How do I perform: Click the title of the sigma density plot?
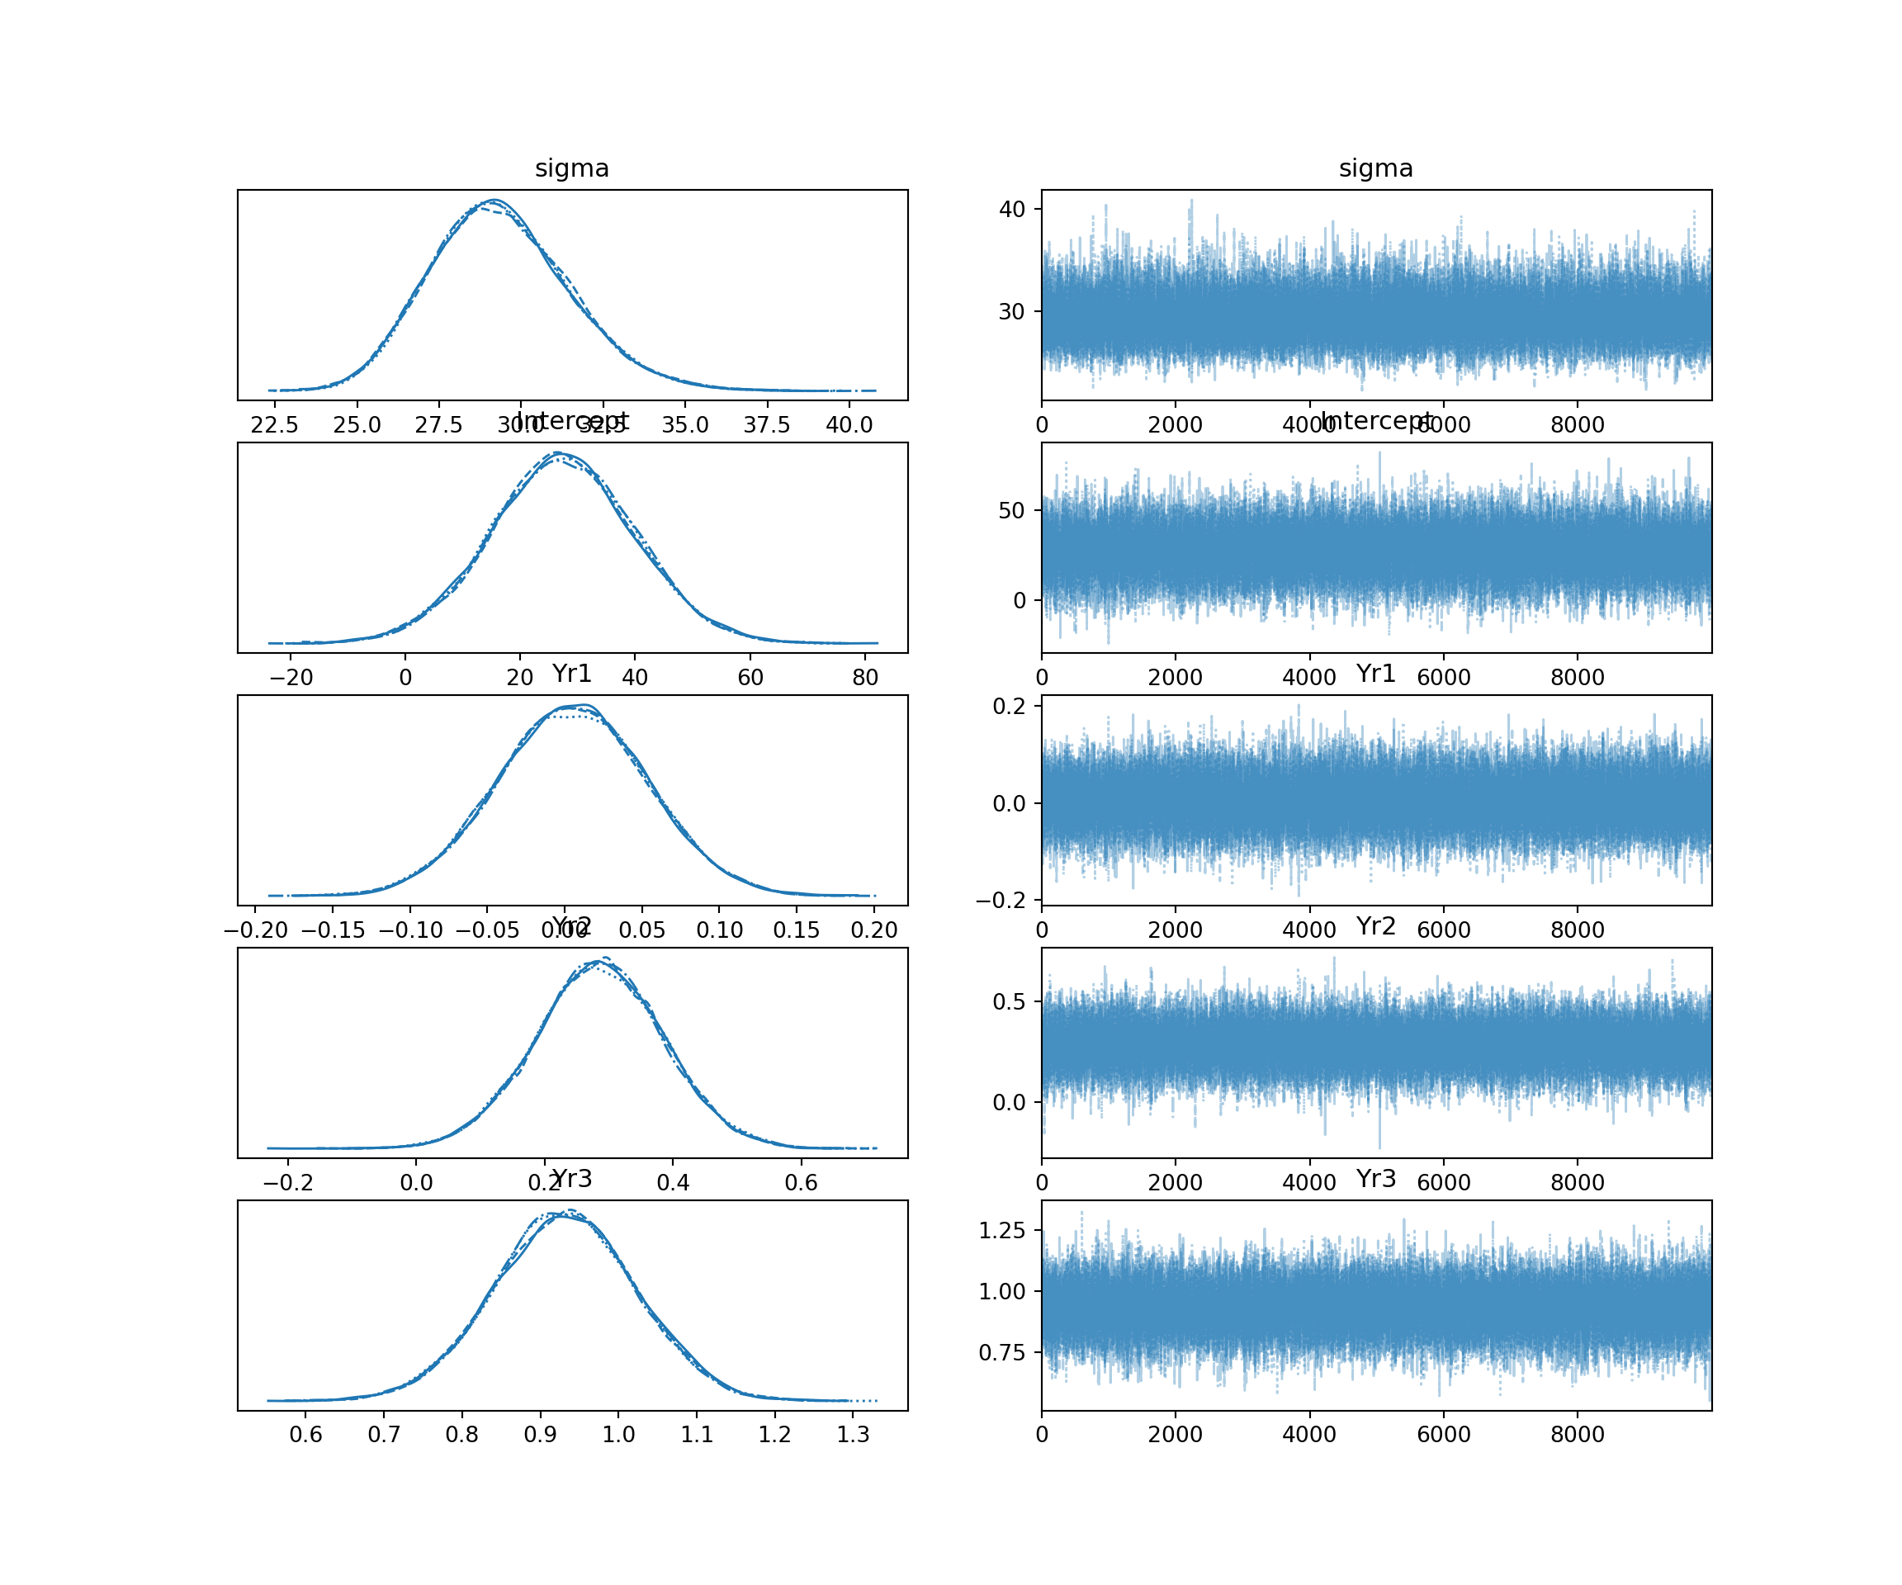coord(571,168)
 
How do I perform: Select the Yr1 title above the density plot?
coord(571,674)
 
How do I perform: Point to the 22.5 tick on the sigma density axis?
coord(274,425)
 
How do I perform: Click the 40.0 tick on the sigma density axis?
coord(849,425)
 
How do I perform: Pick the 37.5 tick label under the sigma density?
coord(766,425)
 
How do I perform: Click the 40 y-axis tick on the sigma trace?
coord(1012,209)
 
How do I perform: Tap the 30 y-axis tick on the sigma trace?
coord(1012,311)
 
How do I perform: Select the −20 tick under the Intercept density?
coord(291,678)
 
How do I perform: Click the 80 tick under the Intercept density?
coord(865,678)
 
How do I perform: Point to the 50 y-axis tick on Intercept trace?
coord(1012,511)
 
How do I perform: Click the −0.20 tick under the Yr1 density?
coord(255,930)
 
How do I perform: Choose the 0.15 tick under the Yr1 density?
coord(796,930)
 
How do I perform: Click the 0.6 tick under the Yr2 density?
coord(801,1183)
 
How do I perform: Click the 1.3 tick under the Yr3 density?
coord(852,1435)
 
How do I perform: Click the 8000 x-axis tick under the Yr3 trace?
coord(1577,1435)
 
